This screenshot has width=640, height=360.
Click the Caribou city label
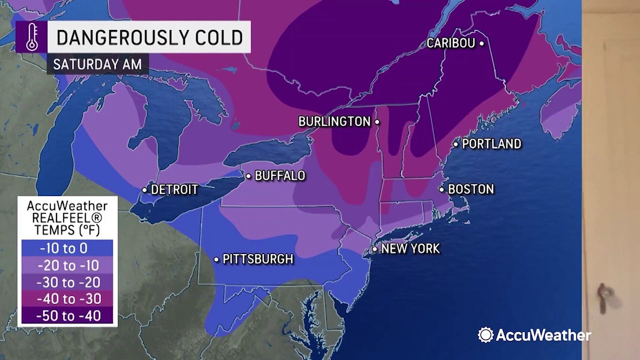point(450,43)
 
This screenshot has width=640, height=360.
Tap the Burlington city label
point(334,121)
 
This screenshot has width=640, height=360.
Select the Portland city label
point(491,144)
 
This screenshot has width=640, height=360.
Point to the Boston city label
point(470,189)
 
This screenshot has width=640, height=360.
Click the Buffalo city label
point(279,176)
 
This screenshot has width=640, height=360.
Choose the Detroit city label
point(174,190)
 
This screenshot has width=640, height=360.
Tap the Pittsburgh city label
point(257,259)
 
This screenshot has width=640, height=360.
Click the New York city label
point(410,248)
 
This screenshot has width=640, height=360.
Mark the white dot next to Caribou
point(481,43)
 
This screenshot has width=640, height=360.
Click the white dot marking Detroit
point(144,190)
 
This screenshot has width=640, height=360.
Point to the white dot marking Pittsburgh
point(216,259)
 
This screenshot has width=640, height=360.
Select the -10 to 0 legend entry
point(67,248)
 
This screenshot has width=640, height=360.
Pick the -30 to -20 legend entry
point(67,282)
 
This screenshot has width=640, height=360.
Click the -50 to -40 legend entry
point(67,316)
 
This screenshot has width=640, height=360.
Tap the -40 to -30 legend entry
point(67,299)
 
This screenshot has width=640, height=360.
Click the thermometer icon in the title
point(31,37)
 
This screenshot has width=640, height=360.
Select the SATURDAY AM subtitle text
point(97,64)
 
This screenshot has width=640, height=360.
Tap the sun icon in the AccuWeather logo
point(485,335)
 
